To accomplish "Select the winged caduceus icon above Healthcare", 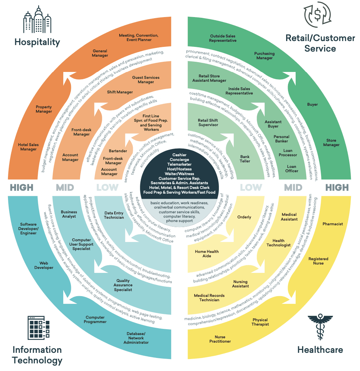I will click(320, 326).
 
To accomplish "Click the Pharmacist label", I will click(332, 224).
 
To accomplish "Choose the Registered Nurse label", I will click(318, 261).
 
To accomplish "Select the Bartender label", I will click(118, 151).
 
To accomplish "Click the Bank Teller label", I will click(245, 159).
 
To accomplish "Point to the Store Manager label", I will click(331, 142).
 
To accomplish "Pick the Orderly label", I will click(244, 217).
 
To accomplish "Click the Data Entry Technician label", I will click(114, 215).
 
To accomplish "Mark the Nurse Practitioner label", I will click(220, 339).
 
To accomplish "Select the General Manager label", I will click(100, 53).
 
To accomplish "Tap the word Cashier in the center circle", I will click(180, 155).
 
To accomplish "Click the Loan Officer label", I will click(292, 169).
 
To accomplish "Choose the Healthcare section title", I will click(320, 350).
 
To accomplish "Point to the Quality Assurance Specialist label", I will click(123, 285).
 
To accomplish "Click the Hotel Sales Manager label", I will click(28, 147).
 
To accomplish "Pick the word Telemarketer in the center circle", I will click(180, 164).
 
